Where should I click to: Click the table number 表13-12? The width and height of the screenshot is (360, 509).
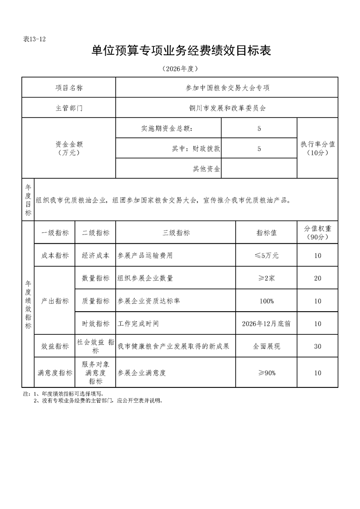coord(35,39)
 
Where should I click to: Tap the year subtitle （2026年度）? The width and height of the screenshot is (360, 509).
coord(180,69)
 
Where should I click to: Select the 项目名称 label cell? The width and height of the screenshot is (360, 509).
coord(69,88)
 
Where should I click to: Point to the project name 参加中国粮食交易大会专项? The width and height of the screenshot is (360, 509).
coord(227,88)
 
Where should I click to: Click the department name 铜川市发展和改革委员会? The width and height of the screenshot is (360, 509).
coord(227,108)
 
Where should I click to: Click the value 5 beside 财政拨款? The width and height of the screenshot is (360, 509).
coord(259,148)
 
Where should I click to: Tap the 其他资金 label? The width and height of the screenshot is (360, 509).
coord(207,169)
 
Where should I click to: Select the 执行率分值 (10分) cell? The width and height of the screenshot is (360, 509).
coord(317,148)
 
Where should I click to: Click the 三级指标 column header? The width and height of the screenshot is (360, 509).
coord(176,233)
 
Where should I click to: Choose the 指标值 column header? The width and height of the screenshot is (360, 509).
coord(266,233)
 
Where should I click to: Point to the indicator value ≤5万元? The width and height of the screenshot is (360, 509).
coord(266,255)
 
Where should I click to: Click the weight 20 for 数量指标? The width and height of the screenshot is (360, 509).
coord(317,278)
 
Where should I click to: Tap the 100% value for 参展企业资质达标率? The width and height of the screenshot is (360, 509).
coord(266,301)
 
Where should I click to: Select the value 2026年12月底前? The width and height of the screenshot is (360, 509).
coord(266,324)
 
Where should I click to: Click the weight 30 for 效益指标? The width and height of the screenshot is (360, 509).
coord(317,346)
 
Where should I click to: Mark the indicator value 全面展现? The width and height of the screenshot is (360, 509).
coord(266,346)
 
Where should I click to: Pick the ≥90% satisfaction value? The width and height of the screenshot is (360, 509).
coord(266,373)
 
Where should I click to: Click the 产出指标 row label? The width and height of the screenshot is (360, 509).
coord(55,301)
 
